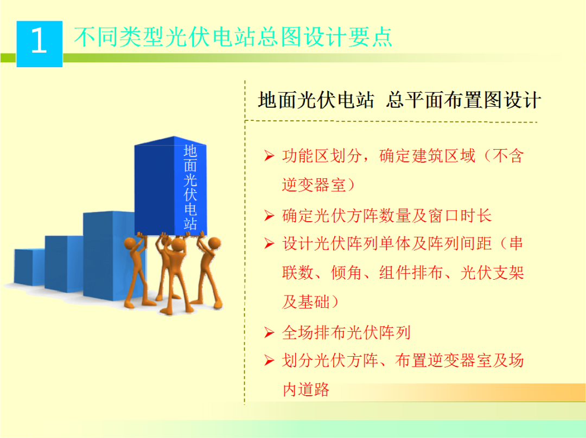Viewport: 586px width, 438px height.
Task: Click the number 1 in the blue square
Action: click(39, 42)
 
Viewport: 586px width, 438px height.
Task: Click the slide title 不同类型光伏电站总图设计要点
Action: click(233, 37)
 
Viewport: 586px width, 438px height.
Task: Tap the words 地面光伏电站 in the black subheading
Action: click(316, 101)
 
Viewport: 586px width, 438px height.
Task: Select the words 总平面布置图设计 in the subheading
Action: click(463, 101)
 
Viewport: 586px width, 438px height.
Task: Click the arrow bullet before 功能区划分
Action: click(269, 157)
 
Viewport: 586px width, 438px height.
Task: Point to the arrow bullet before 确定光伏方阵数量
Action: click(269, 216)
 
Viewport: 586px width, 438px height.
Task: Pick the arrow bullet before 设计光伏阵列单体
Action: click(269, 244)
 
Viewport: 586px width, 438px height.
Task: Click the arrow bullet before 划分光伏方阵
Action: click(269, 361)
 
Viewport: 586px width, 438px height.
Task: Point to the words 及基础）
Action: click(306, 302)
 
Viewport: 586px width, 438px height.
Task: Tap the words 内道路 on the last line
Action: click(306, 389)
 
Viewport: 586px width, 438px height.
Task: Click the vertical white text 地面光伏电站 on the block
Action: click(190, 187)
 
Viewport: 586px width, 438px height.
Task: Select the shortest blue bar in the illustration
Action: click(30, 267)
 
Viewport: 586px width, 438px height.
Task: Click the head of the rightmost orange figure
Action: click(215, 242)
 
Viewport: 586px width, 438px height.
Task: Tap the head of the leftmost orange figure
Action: click(132, 243)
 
